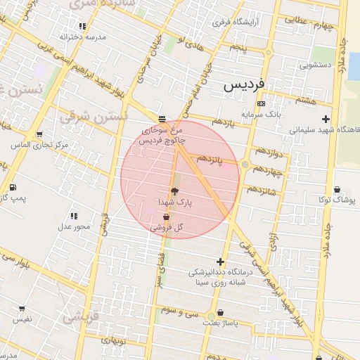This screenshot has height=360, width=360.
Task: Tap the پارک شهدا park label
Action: click(174, 202)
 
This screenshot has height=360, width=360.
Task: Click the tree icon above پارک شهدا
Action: click(174, 191)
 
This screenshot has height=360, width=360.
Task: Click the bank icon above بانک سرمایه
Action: click(261, 103)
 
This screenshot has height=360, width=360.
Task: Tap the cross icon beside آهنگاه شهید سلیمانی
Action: click(325, 119)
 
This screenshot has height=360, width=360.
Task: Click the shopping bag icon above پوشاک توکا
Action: click(338, 189)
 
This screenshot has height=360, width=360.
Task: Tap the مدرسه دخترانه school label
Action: click(82, 36)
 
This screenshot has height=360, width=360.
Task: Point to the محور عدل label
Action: click(74, 226)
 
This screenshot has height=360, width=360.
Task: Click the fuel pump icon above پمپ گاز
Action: click(13, 187)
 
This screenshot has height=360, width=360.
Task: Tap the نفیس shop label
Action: click(22, 319)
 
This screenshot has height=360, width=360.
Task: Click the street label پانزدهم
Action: click(209, 160)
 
